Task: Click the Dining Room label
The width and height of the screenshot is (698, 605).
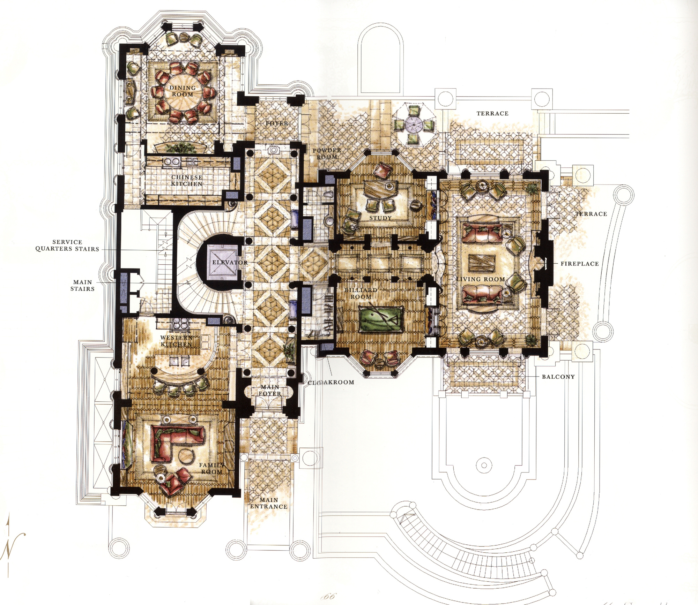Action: tap(183, 91)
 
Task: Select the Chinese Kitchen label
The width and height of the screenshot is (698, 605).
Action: tap(187, 180)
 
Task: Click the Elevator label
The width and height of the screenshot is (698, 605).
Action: tap(230, 262)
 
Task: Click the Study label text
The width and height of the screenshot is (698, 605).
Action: tap(380, 218)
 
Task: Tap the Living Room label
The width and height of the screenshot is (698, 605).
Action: tap(481, 279)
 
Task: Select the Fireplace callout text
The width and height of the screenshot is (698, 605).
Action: tap(580, 264)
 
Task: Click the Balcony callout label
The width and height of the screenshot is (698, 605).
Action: tap(558, 377)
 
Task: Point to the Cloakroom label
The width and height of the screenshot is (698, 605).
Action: tap(331, 382)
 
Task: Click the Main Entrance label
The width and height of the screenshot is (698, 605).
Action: tap(269, 503)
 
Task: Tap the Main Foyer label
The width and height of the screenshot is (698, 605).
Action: tap(270, 390)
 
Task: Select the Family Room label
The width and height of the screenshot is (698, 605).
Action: tap(211, 468)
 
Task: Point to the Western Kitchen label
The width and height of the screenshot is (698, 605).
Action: tap(176, 341)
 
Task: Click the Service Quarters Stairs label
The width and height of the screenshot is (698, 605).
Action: tap(67, 245)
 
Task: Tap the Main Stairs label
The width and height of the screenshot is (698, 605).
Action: tap(82, 285)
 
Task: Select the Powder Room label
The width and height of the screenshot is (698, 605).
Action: tap(327, 153)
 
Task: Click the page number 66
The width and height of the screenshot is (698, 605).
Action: tap(329, 596)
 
